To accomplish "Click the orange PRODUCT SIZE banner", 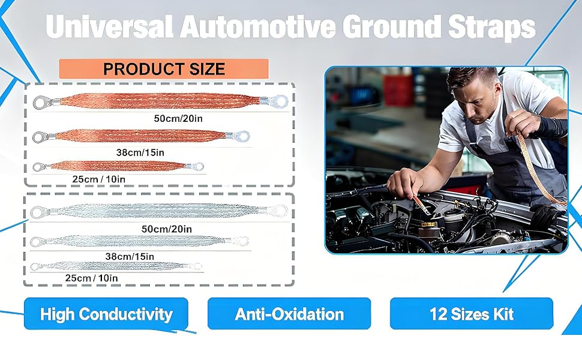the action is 164,68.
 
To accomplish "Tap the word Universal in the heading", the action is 110,26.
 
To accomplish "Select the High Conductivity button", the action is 106,314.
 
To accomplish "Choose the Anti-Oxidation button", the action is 289,314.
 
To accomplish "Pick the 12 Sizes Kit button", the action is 472,314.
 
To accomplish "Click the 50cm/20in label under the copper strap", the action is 178,118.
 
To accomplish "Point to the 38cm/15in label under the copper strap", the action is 140,152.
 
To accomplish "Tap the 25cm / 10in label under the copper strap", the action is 99,179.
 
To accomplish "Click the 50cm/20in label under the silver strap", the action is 167,229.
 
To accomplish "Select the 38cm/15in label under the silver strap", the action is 130,256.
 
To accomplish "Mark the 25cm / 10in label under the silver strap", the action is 91,278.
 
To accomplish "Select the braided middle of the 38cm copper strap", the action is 140,136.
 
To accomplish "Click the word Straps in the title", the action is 492,26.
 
